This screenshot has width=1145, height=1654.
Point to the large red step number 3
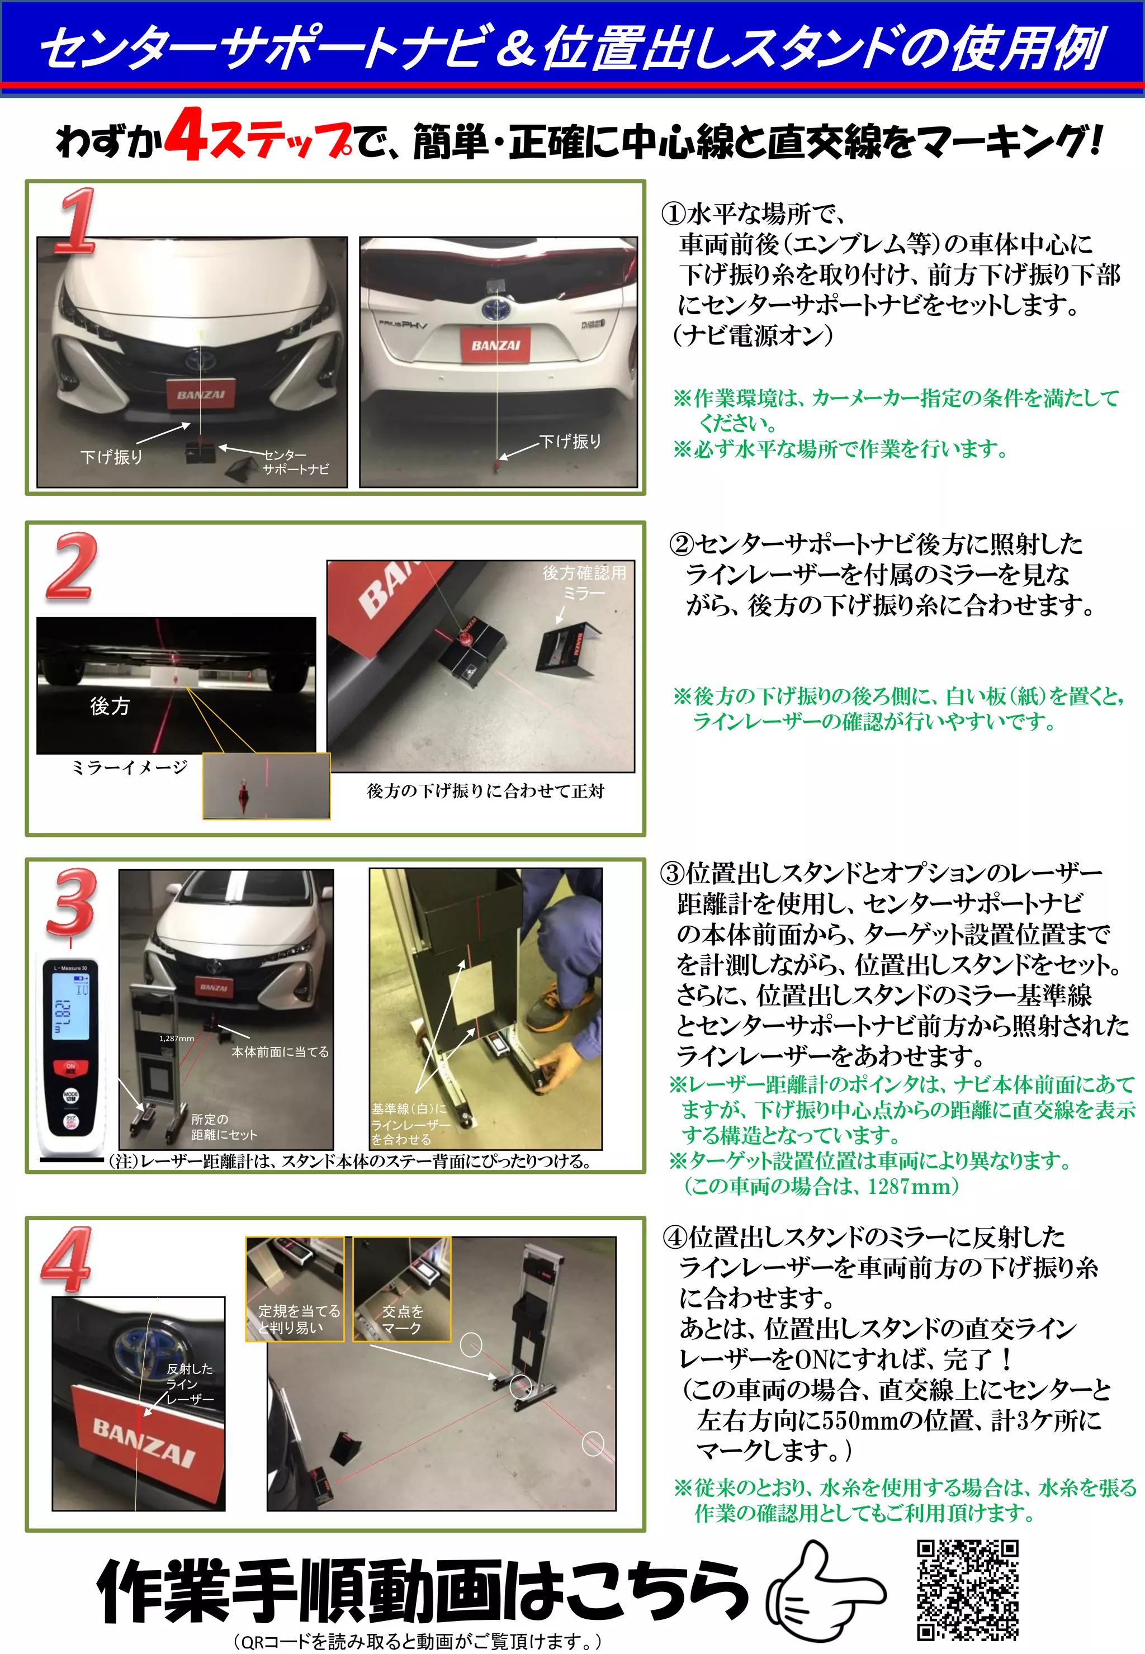(70, 902)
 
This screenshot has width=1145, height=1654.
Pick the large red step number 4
(67, 1259)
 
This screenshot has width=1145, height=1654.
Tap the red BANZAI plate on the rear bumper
(495, 345)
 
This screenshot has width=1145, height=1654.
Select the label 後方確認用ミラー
(584, 582)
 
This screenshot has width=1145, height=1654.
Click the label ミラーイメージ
(129, 767)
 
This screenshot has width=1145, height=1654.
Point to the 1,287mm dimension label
(177, 1038)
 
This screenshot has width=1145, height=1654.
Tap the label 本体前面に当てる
(280, 1051)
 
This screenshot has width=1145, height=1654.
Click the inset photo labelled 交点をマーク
(402, 1289)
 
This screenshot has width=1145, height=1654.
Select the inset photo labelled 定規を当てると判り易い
(295, 1289)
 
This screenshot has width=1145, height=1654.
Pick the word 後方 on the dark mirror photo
(110, 707)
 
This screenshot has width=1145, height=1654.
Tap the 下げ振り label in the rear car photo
(570, 441)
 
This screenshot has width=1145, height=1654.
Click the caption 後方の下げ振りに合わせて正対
(486, 790)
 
